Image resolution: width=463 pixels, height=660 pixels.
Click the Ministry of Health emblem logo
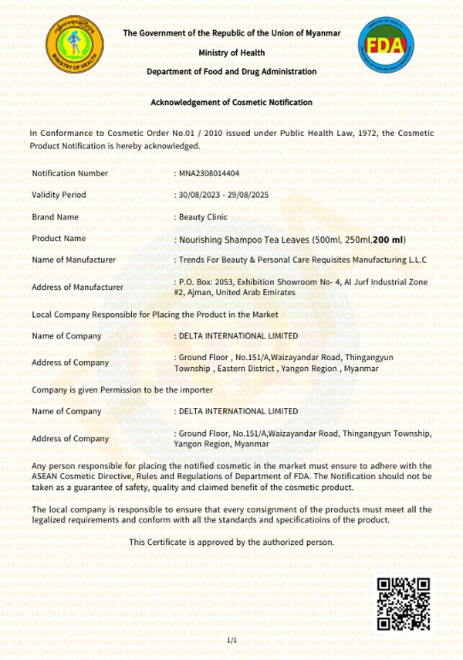pos(74,47)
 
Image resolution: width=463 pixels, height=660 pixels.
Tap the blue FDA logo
pos(386,47)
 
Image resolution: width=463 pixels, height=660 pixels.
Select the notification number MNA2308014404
pos(208,173)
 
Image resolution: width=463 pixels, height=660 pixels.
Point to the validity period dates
pos(221,195)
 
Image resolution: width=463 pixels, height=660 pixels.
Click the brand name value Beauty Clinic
pos(203,217)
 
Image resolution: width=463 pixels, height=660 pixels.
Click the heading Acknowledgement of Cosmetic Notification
pos(231,102)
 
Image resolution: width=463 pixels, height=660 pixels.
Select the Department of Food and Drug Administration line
pos(231,72)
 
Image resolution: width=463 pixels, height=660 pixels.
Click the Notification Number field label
pos(70,173)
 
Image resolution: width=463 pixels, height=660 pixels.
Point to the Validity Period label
pos(59,195)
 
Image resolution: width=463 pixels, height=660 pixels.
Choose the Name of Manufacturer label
pos(74,260)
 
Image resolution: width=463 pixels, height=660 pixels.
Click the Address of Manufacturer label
pos(78,287)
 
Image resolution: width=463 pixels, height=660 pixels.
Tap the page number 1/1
pos(231,641)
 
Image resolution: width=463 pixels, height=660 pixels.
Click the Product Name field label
pos(59,239)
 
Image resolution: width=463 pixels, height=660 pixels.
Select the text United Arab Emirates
pos(259,293)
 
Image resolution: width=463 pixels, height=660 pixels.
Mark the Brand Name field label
pos(56,217)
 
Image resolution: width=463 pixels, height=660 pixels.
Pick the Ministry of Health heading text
pos(231,53)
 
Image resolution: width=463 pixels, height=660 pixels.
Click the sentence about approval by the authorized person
pos(231,542)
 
